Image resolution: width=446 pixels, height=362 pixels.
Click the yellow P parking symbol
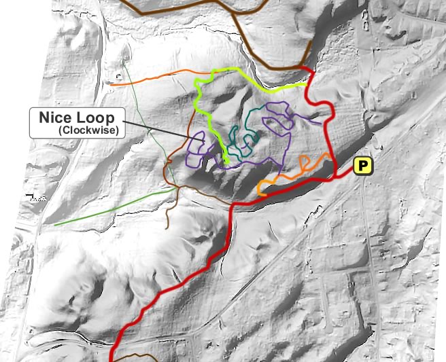coord(364,165)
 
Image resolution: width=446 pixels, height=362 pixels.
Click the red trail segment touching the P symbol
coord(345,175)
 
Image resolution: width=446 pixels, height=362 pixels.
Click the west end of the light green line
coord(55,224)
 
